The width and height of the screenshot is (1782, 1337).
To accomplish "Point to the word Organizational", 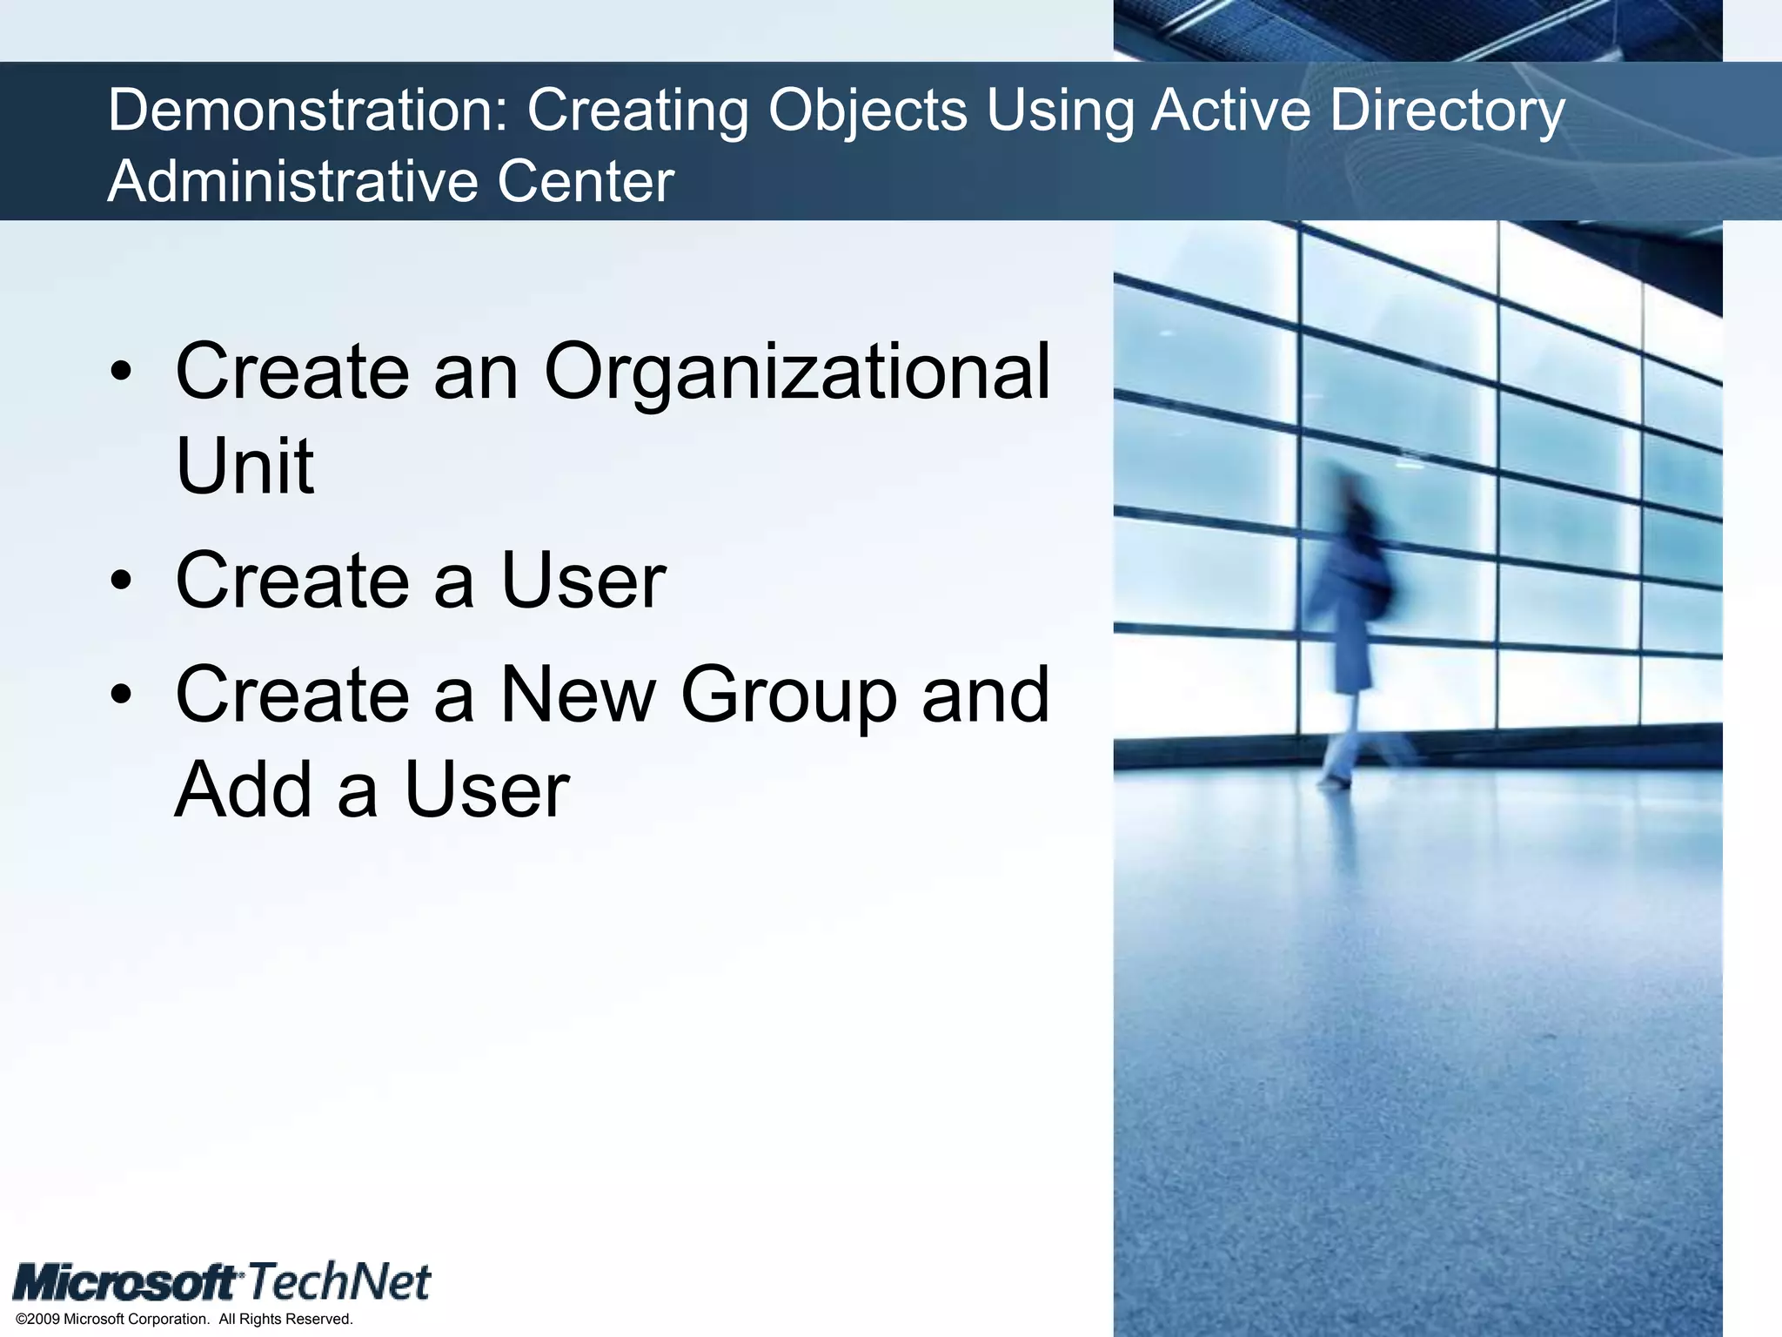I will tap(796, 373).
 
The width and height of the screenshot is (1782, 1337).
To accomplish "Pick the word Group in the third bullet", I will tap(788, 695).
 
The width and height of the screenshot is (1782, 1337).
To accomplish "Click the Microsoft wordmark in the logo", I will tap(127, 1283).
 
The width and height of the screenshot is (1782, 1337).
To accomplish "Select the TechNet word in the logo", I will tap(339, 1281).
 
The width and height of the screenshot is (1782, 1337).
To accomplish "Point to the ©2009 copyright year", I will tap(38, 1319).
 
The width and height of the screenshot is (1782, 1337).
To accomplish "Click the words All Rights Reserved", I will tap(285, 1319).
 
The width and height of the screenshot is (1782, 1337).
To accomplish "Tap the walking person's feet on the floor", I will tap(1336, 779).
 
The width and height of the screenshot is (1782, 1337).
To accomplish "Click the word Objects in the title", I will tap(868, 111).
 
